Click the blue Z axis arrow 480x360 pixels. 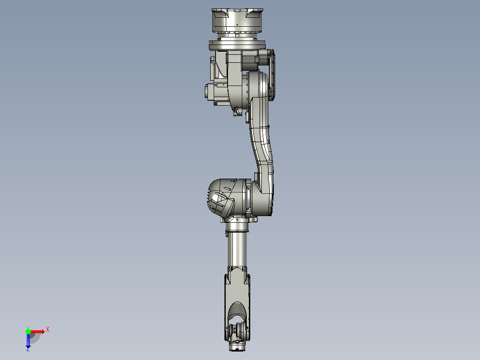[x=28, y=341]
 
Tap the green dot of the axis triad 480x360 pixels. [x=28, y=331]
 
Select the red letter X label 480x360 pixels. [x=48, y=329]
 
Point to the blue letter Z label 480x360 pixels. [x=28, y=349]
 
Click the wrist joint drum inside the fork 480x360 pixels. [x=237, y=332]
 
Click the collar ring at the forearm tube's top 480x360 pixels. [x=237, y=228]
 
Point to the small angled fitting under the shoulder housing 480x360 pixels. [x=236, y=111]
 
